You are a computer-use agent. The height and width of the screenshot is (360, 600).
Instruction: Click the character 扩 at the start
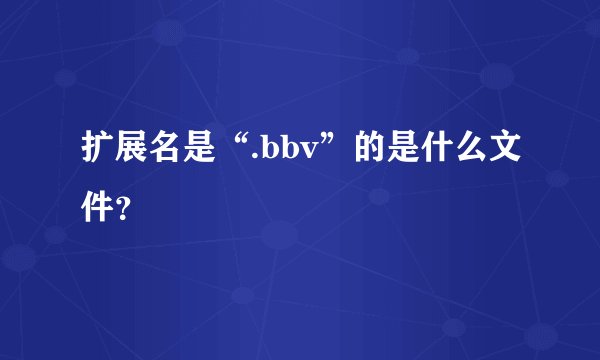(x=97, y=154)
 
